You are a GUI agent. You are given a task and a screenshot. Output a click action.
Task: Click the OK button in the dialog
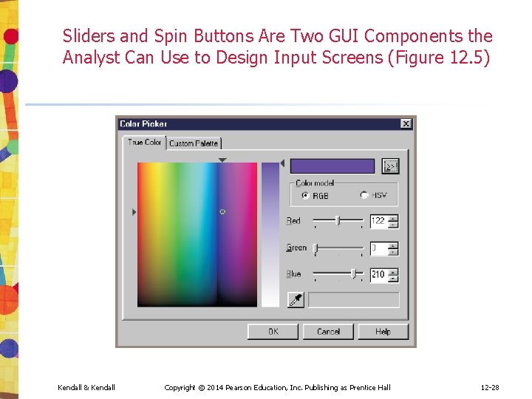[x=273, y=332]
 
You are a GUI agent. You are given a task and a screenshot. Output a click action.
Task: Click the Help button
[x=382, y=332]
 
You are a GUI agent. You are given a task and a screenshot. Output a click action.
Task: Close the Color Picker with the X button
[x=406, y=124]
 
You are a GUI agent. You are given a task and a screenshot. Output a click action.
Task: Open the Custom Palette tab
[x=194, y=143]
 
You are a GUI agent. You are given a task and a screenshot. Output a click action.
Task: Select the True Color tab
[x=144, y=142]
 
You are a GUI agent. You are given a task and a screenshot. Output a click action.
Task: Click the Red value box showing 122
[x=378, y=220]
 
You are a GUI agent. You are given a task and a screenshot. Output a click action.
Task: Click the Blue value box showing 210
[x=378, y=274]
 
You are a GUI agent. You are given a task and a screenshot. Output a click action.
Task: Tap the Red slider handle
[x=338, y=220]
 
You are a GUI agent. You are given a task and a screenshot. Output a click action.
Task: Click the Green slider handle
[x=316, y=248]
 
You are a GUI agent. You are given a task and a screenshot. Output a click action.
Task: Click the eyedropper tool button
[x=296, y=300]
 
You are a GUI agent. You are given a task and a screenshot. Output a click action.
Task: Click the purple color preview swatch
[x=332, y=166]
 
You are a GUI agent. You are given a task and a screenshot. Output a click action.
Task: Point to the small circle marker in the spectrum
[x=222, y=212]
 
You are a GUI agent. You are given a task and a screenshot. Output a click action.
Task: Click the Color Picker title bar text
[x=143, y=124]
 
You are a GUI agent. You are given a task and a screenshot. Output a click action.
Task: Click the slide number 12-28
[x=490, y=387]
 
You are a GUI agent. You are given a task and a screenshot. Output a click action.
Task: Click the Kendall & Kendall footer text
[x=86, y=387]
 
